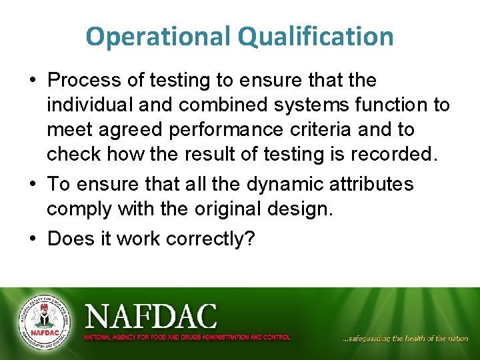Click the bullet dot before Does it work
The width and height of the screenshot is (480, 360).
click(33, 238)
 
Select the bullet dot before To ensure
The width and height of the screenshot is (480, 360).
click(33, 184)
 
